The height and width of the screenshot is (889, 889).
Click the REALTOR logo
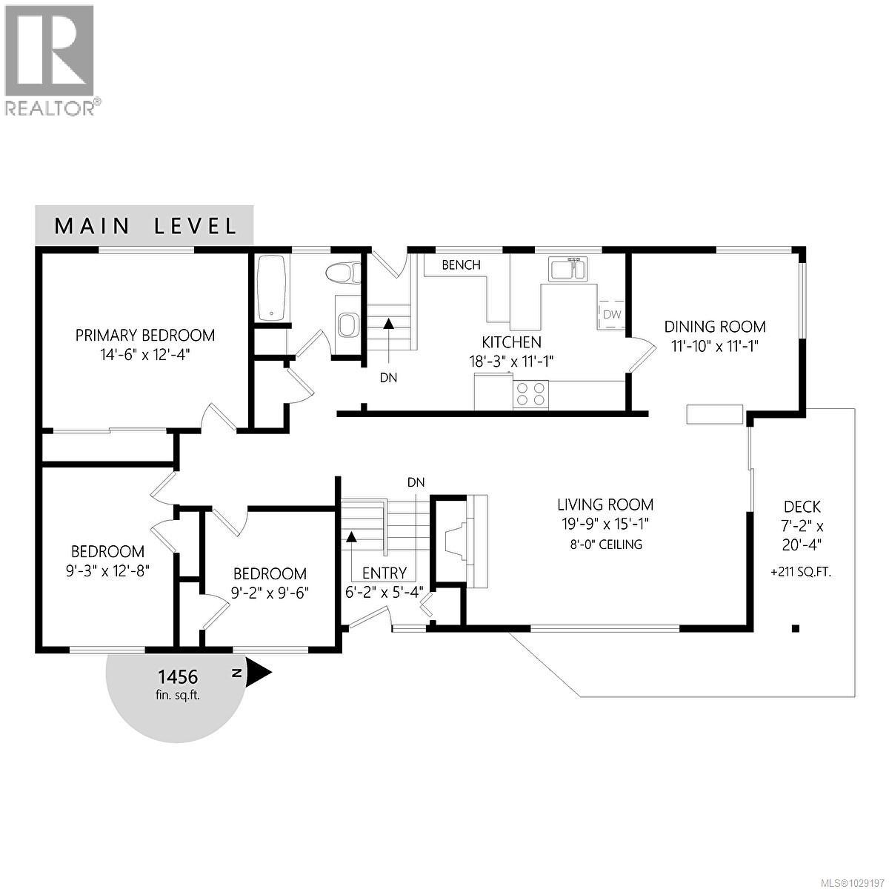(x=50, y=59)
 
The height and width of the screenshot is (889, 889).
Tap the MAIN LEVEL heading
(x=145, y=226)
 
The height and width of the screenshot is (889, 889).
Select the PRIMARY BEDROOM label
(x=145, y=336)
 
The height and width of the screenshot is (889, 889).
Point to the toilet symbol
(x=345, y=273)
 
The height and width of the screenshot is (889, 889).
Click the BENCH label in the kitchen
(x=461, y=264)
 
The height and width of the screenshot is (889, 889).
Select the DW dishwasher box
(x=611, y=314)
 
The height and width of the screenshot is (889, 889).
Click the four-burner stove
(x=530, y=393)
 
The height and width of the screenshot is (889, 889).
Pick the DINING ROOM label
(x=714, y=327)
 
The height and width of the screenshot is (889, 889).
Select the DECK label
(x=802, y=507)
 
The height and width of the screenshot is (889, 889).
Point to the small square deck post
(x=796, y=629)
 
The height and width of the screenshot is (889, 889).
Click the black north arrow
(x=259, y=673)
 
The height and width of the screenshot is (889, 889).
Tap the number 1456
(x=177, y=676)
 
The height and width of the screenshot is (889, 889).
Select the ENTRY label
(x=384, y=573)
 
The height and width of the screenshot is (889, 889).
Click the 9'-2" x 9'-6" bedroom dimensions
(x=270, y=593)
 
